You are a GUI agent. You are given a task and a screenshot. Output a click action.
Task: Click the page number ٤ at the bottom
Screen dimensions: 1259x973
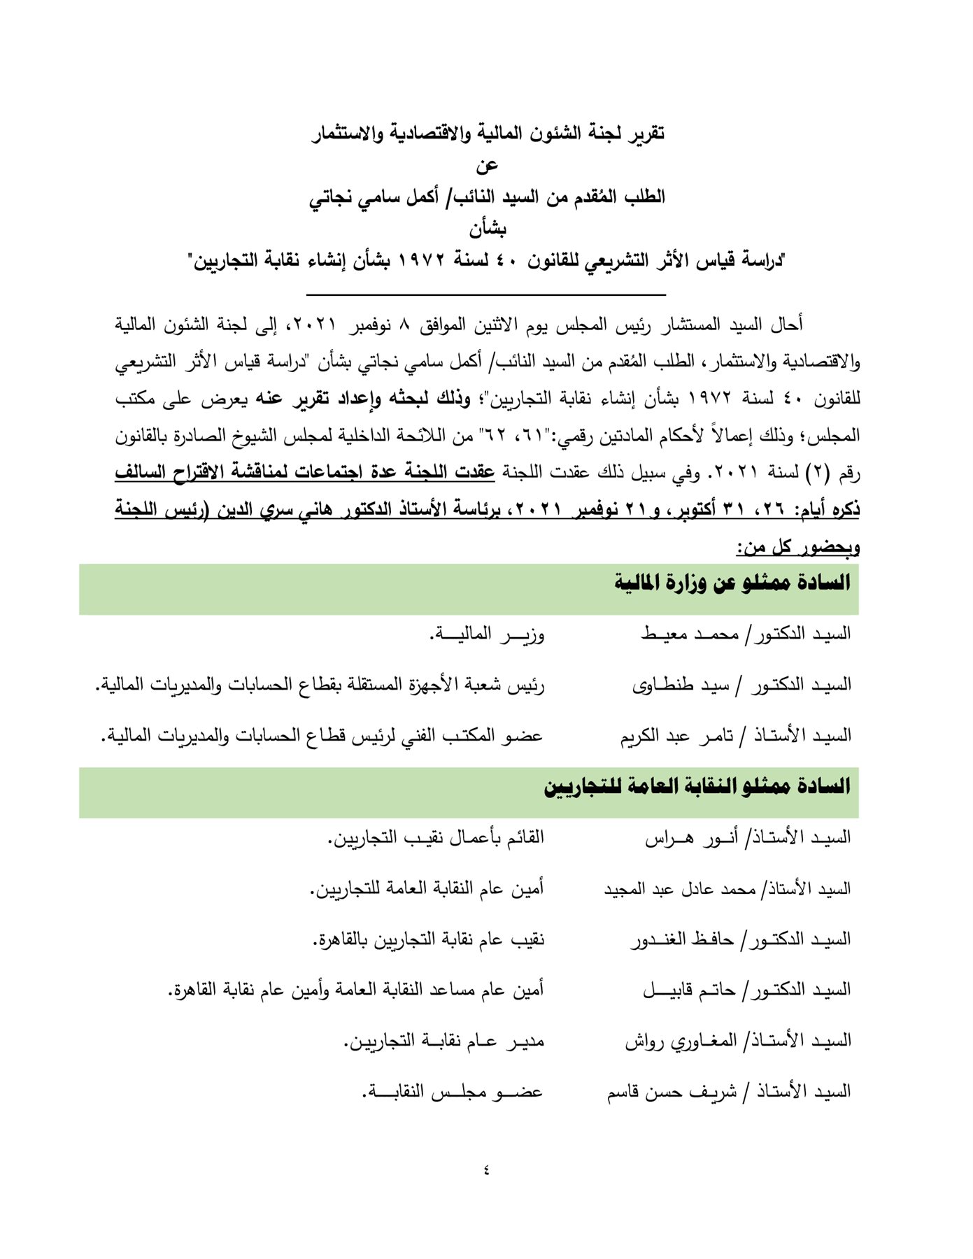pyautogui.click(x=486, y=1169)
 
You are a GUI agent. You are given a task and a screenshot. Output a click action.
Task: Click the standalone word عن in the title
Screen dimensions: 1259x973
pyautogui.click(x=487, y=166)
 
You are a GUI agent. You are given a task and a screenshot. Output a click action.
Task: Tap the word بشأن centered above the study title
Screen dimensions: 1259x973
pyautogui.click(x=487, y=229)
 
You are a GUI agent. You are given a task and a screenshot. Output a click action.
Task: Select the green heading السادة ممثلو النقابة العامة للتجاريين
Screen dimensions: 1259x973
pyautogui.click(x=697, y=786)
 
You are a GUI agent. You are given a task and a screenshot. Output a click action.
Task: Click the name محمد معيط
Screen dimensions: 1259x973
pyautogui.click(x=689, y=634)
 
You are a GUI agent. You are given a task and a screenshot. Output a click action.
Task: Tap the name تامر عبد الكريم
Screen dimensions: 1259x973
pyautogui.click(x=676, y=736)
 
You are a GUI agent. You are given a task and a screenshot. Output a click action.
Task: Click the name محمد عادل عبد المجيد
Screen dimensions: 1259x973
pyautogui.click(x=679, y=888)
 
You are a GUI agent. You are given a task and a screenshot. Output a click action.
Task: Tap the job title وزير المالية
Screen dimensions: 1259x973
pyautogui.click(x=487, y=634)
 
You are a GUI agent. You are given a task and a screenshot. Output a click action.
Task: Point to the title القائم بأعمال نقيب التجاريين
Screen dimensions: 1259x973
pyautogui.click(x=436, y=837)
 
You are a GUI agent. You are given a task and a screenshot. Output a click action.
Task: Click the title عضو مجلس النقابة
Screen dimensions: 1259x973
pyautogui.click(x=453, y=1091)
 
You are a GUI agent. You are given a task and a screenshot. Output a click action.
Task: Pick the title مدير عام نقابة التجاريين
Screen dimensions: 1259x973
pyautogui.click(x=443, y=1041)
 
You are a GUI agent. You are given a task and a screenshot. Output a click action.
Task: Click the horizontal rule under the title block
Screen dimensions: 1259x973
pyautogui.click(x=486, y=294)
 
